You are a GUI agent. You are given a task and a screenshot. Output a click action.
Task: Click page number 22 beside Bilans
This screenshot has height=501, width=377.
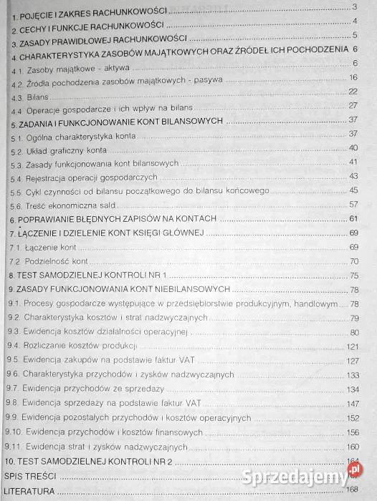pyautogui.click(x=353, y=92)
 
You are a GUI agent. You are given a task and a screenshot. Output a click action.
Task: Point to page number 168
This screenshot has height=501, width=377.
pyautogui.click(x=352, y=490)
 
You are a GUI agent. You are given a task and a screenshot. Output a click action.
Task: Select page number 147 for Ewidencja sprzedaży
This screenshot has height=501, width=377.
pyautogui.click(x=352, y=404)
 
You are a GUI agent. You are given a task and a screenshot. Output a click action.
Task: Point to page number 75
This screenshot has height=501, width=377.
pyautogui.click(x=353, y=276)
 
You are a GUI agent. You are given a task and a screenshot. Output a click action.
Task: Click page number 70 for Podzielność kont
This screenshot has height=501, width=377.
pyautogui.click(x=353, y=261)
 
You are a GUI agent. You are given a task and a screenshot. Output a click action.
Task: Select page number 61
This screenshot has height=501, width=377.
pyautogui.click(x=353, y=218)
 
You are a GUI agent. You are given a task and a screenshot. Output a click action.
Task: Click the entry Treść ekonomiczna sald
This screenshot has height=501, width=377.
pyautogui.click(x=70, y=205)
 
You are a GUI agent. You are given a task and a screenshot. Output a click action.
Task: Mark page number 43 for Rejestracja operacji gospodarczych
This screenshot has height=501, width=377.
pyautogui.click(x=353, y=176)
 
